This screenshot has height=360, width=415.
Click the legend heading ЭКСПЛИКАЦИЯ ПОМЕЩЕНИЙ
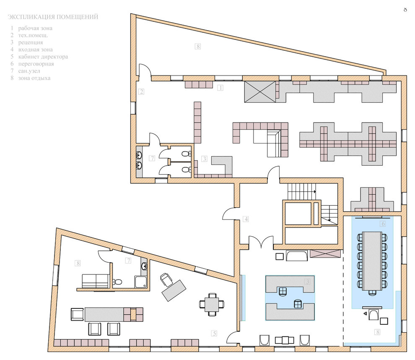(x=53, y=17)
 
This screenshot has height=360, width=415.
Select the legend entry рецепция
(x=31, y=42)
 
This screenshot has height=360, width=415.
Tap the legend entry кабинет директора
(x=43, y=57)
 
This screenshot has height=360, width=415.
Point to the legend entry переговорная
(x=36, y=64)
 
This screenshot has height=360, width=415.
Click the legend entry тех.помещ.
(x=33, y=35)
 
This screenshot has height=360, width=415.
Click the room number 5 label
(x=214, y=333)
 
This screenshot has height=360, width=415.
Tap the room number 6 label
(x=383, y=224)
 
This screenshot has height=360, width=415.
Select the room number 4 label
(x=246, y=219)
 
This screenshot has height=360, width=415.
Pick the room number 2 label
(x=141, y=91)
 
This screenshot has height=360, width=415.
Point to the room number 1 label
(x=220, y=87)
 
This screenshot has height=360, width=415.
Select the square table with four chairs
(x=212, y=304)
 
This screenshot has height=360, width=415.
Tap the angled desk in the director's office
(x=174, y=290)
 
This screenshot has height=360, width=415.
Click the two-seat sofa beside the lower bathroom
(x=95, y=281)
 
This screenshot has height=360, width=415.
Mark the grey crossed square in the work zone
(x=260, y=91)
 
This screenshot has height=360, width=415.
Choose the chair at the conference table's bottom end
(x=372, y=292)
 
